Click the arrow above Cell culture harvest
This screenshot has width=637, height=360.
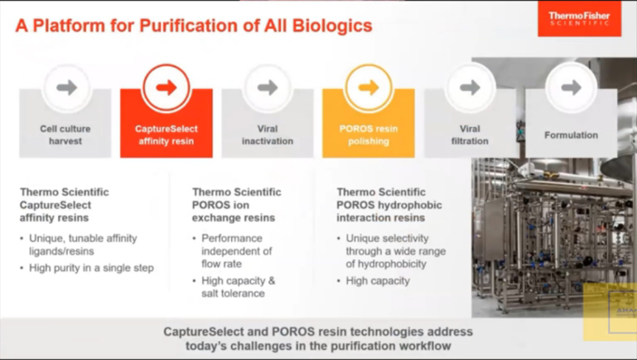coord(67,88)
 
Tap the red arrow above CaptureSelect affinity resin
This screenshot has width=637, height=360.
coord(166,88)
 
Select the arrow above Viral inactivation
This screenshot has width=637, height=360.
coord(267,88)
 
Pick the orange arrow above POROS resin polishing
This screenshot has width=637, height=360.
coord(368,88)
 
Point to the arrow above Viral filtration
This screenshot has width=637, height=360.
coord(470,88)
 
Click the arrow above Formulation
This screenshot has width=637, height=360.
coord(571,88)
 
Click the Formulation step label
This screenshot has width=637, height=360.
coord(571,135)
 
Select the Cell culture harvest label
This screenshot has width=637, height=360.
coord(65,135)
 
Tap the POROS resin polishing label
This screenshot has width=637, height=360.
coord(368,135)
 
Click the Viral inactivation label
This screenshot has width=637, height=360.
coord(267,135)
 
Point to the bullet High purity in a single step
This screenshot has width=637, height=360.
coord(91,268)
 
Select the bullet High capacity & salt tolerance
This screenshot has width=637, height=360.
coord(238,287)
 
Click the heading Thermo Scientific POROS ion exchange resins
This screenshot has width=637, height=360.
coord(236,205)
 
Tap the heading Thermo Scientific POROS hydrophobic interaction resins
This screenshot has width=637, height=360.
coord(389,205)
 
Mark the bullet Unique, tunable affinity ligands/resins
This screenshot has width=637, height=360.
coord(83,244)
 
